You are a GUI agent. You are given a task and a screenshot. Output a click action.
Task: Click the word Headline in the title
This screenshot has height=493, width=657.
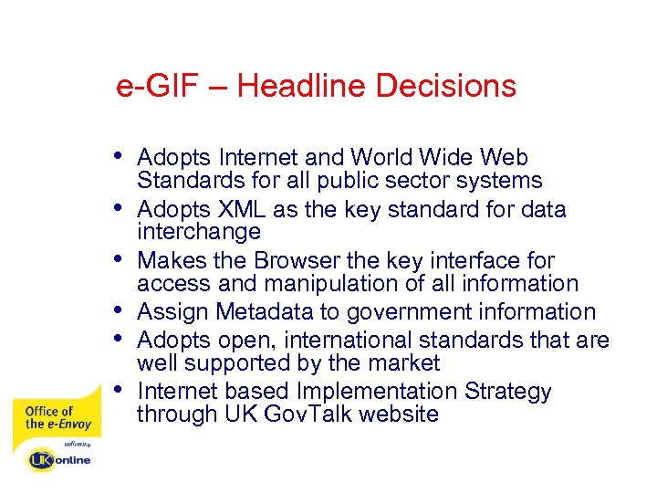[x=301, y=87]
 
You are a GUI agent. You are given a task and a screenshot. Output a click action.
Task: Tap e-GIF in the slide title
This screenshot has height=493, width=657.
[x=152, y=87]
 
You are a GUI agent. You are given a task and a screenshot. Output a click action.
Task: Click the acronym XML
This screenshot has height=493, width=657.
[x=240, y=209]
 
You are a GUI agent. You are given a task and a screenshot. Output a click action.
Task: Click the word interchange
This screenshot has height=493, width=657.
[x=199, y=232]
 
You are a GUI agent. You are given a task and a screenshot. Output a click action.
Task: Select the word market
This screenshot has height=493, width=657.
[x=401, y=362]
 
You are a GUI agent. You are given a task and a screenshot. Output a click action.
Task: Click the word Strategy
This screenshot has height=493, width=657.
[x=507, y=392]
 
